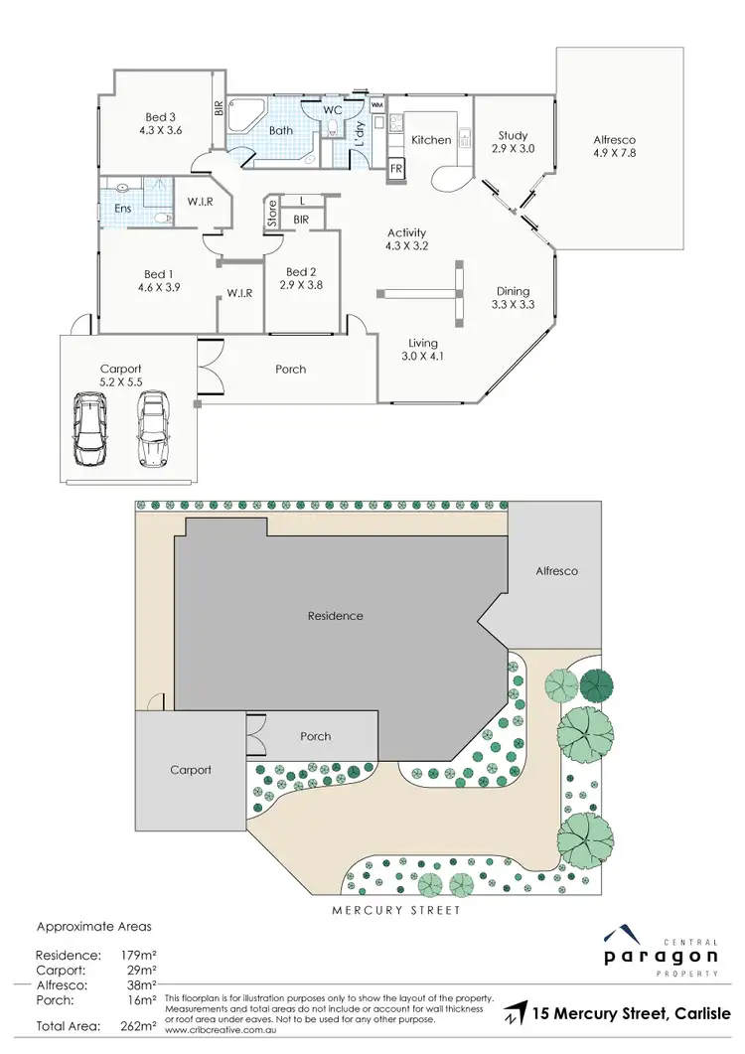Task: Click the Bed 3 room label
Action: (152, 115)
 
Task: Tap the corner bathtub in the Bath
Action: (240, 117)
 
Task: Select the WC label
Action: (331, 109)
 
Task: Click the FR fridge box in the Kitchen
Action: (395, 168)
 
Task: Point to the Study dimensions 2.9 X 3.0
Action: (513, 149)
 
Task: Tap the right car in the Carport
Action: (151, 429)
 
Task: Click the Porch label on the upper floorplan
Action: (290, 370)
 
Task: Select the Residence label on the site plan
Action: (335, 616)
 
